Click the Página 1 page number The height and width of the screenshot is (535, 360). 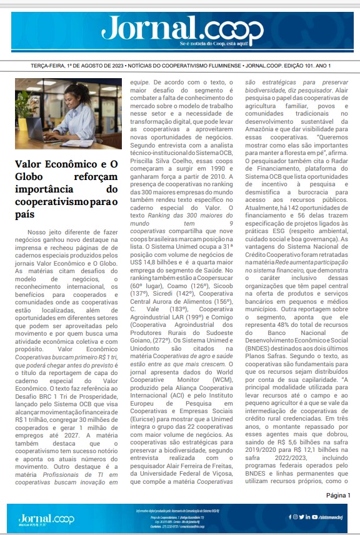[x=338, y=494]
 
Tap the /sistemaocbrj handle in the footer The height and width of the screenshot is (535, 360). [x=335, y=517]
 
